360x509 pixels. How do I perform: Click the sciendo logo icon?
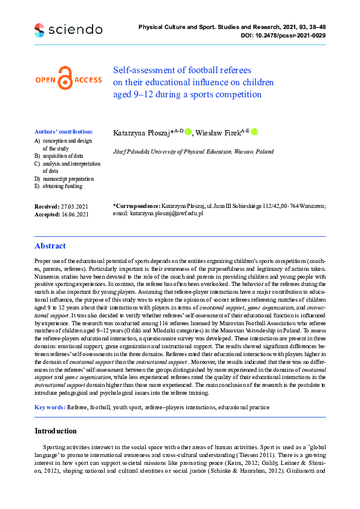[39, 29]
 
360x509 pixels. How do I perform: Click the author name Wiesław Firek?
[217, 132]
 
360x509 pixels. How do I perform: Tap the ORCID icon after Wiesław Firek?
[255, 132]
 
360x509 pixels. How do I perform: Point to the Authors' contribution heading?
[64, 131]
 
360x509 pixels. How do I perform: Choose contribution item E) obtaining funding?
[66, 186]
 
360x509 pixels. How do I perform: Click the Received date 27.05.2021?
[74, 206]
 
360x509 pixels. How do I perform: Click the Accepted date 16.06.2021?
[74, 214]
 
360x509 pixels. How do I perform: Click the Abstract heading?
[50, 246]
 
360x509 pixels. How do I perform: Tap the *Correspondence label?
[137, 206]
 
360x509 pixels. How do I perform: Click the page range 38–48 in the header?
[315, 27]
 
